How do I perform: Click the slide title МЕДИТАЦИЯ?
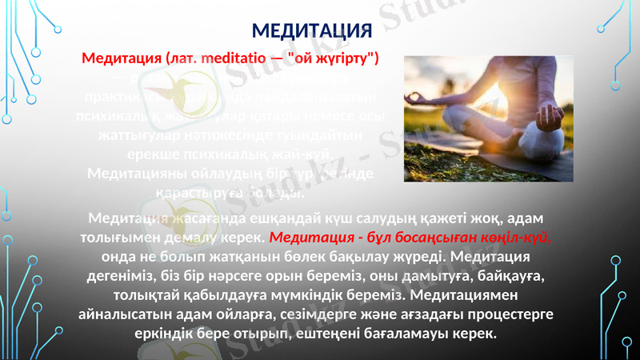[312, 31]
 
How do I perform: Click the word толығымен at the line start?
[118, 237]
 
